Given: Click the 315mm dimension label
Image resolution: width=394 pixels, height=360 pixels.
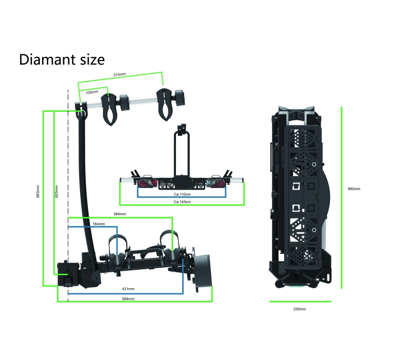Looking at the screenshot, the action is click(x=120, y=74).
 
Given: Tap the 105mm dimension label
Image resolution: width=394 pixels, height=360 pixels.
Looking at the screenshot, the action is click(x=92, y=92).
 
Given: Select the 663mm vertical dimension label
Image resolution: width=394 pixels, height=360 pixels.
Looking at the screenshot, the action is click(x=38, y=191).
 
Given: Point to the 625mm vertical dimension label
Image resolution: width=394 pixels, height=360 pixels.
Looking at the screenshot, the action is click(x=56, y=191).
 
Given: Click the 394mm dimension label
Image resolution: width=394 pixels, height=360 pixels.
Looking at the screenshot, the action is click(x=120, y=214).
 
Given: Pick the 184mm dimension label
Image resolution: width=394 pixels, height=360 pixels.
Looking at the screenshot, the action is click(x=98, y=224).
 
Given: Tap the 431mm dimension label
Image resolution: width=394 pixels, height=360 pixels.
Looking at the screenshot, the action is click(x=128, y=289).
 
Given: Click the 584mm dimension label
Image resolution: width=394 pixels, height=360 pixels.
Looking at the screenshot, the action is click(x=128, y=298).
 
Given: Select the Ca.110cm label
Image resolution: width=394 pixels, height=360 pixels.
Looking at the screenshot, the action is click(x=182, y=194).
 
